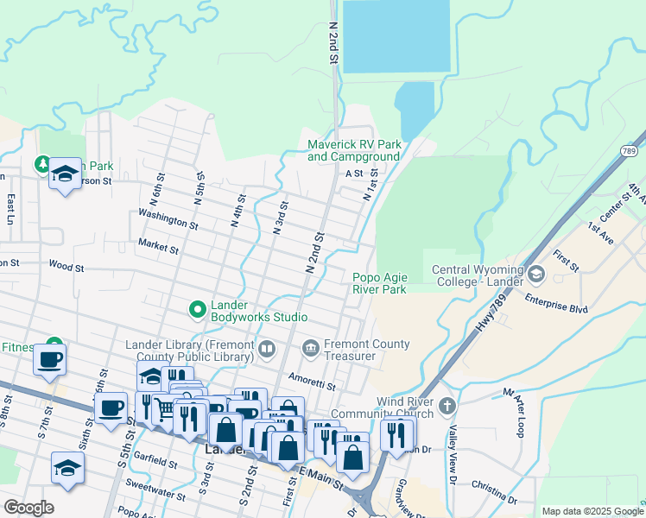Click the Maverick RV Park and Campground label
[354, 150]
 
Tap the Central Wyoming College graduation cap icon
[536, 275]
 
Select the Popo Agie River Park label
[379, 283]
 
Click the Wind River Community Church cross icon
[446, 406]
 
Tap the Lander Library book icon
[267, 349]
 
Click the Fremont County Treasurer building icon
[310, 349]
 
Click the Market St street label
[157, 248]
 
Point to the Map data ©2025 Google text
[591, 511]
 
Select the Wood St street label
[66, 267]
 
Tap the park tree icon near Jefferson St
[41, 164]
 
